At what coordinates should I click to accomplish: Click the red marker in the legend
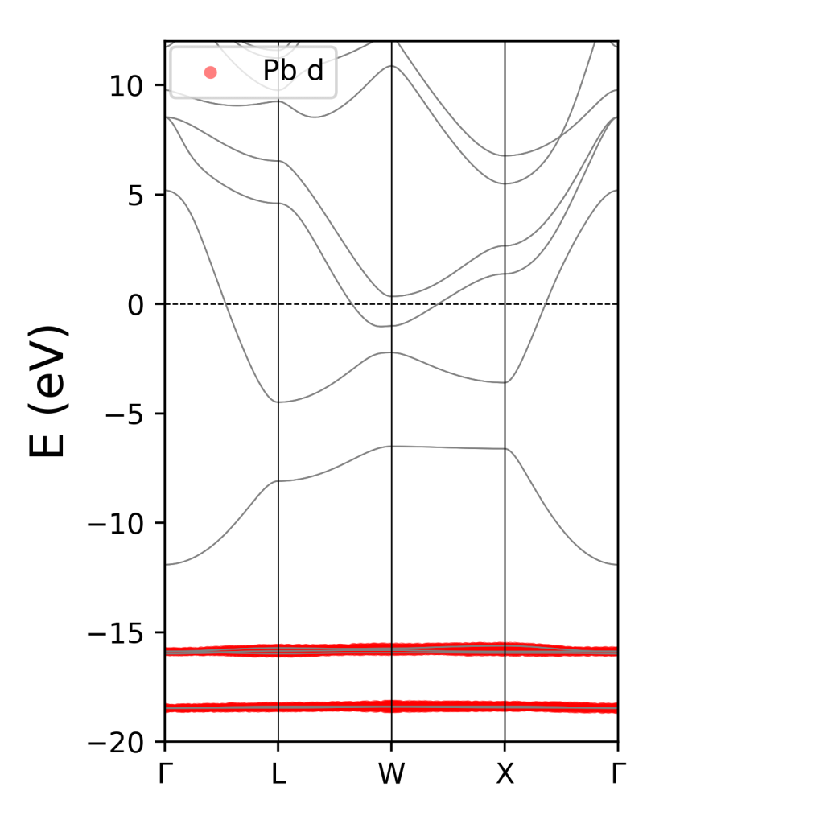point(210,72)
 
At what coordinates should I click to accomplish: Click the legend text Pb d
point(293,72)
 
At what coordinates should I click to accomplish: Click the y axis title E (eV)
point(48,391)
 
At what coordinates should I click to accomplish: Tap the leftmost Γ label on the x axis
point(165,774)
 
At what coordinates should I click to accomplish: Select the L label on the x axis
point(278,774)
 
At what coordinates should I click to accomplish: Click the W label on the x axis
point(391,774)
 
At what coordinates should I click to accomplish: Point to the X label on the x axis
point(505,774)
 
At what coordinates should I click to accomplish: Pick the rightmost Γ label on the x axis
point(617,774)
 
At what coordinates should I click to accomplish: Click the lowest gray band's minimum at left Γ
point(166,564)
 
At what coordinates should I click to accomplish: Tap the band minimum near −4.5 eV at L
point(278,402)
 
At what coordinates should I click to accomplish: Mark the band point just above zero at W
point(391,297)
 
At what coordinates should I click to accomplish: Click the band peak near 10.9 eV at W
point(391,66)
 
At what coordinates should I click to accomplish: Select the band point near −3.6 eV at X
point(505,382)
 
